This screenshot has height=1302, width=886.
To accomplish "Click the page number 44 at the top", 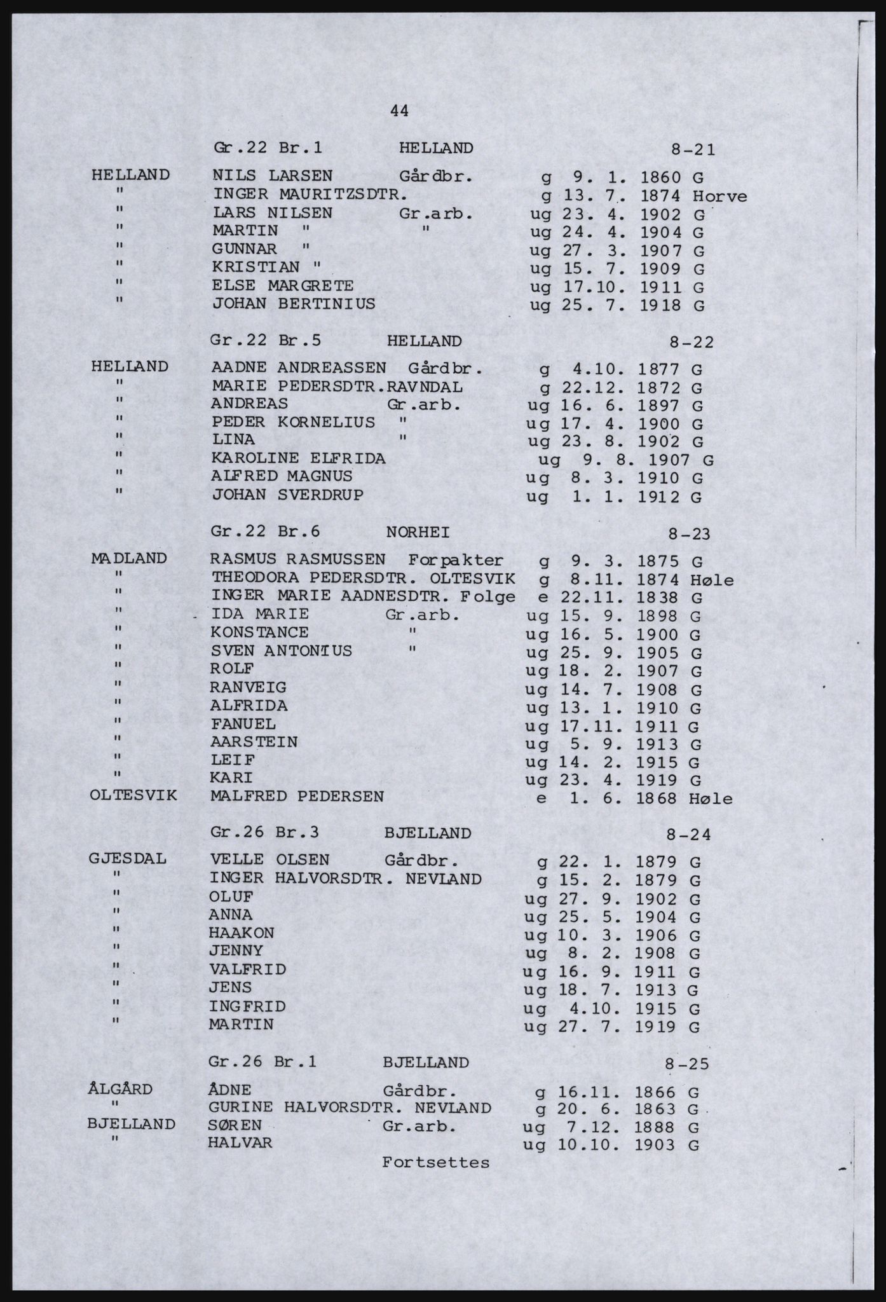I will click(399, 111).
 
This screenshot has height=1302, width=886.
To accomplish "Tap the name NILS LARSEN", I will click(272, 175).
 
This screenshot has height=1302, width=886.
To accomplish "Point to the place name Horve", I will click(720, 196).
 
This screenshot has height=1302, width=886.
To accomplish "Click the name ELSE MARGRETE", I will click(282, 285).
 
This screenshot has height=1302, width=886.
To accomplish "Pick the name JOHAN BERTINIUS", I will click(294, 304).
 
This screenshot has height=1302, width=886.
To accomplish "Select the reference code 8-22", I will click(692, 342).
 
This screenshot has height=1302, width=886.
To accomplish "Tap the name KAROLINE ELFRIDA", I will click(298, 458).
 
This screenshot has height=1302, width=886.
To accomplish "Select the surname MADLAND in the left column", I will click(129, 559).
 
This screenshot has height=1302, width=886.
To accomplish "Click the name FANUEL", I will click(243, 723).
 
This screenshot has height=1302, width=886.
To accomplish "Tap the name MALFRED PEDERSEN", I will click(297, 796).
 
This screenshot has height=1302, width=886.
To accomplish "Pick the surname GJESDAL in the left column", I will click(128, 859).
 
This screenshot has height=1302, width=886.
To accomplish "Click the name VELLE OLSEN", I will click(269, 860).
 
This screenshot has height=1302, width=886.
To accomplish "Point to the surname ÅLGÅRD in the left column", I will click(120, 1089).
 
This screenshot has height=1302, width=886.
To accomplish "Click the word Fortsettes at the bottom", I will click(436, 1162).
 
